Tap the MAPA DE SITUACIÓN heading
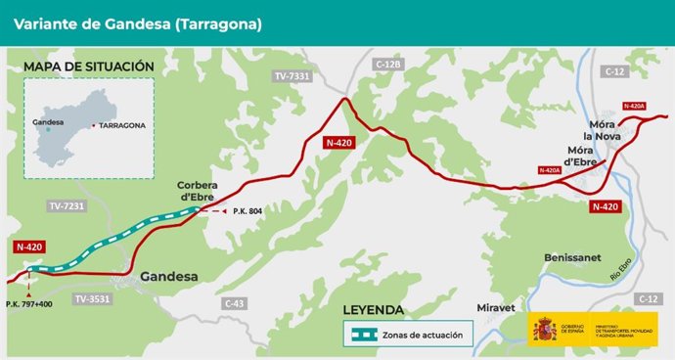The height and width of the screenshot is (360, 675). click(89, 67)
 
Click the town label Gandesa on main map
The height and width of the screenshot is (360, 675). click(169, 277)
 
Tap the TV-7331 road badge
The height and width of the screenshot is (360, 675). click(292, 75)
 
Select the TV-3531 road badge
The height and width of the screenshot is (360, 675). click(94, 298)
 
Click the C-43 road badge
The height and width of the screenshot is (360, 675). click(233, 303)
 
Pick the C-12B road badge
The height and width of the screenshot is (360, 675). click(388, 64)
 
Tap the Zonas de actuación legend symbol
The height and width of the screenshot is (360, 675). click(365, 335)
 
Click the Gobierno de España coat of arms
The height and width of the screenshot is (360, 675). click(544, 331)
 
